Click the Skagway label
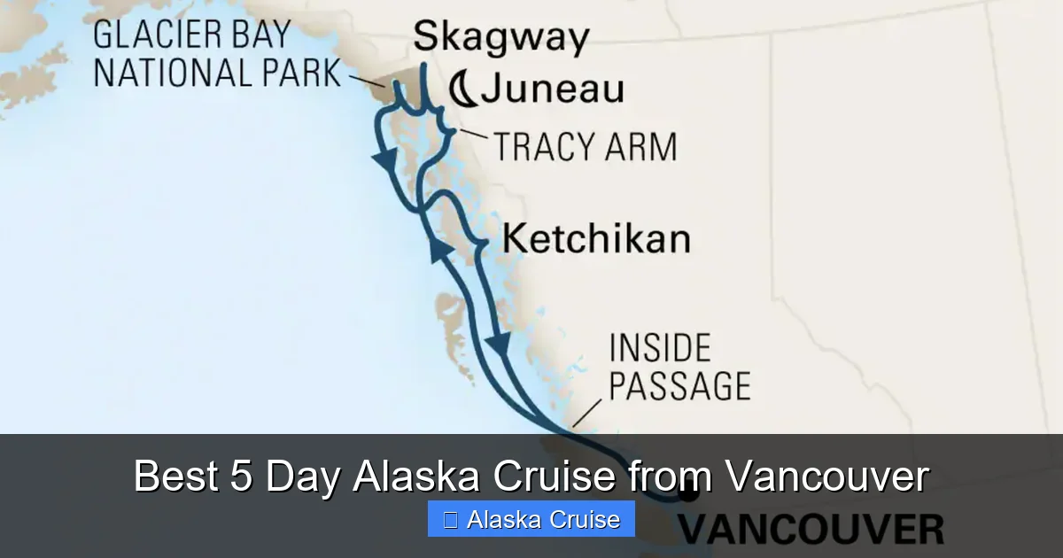click(500, 38)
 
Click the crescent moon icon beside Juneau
click(462, 89)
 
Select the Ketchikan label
click(595, 239)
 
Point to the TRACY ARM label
click(585, 146)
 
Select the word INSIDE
click(660, 348)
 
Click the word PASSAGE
click(679, 386)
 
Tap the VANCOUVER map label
click(811, 531)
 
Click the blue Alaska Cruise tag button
click(531, 519)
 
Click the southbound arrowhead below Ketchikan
click(501, 345)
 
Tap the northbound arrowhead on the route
click(439, 254)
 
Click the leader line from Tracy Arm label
click(472, 136)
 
